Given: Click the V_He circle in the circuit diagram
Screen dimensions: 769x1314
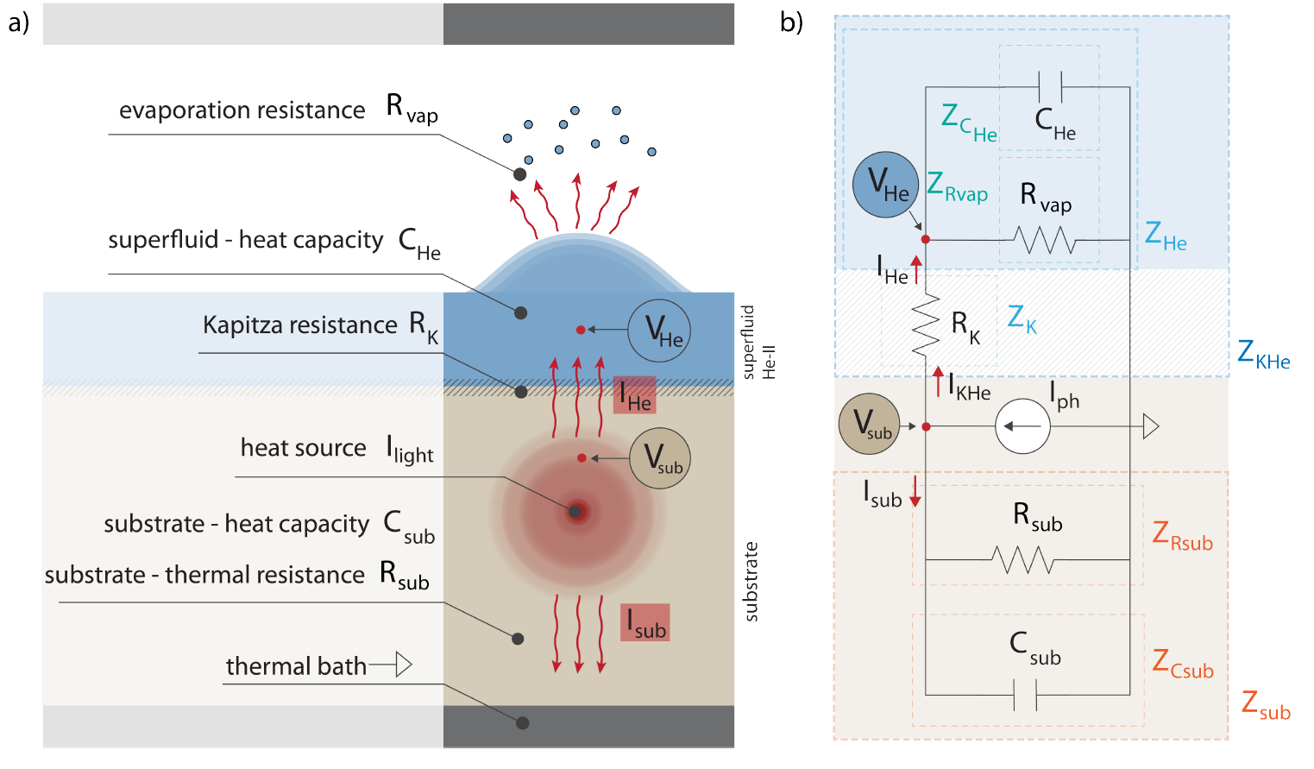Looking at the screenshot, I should click(886, 185).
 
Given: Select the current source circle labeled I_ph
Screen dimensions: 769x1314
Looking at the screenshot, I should click(1022, 426).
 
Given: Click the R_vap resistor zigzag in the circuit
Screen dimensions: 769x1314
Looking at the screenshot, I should click(1045, 240).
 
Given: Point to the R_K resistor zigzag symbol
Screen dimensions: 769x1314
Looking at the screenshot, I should click(926, 325).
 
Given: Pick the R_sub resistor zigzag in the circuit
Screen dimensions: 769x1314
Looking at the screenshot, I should click(1023, 560).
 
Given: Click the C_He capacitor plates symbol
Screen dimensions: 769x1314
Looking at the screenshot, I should click(1050, 87).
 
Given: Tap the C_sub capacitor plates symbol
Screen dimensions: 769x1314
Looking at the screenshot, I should click(1025, 694).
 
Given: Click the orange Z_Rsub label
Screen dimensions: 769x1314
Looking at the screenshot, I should click(1182, 536).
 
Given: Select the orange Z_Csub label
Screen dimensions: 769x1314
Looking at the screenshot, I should click(1183, 664).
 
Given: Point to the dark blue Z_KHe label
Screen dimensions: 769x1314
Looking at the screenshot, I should click(1263, 355).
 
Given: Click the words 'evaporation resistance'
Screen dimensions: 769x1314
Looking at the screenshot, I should click(242, 110).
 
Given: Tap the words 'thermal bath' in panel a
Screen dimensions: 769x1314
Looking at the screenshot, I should click(296, 666).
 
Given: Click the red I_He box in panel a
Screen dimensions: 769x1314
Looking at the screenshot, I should click(635, 395).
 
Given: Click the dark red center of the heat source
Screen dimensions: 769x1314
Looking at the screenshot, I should click(575, 512).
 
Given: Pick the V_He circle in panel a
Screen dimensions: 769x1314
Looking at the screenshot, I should click(659, 331).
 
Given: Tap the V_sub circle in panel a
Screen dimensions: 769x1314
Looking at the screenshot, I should click(660, 458).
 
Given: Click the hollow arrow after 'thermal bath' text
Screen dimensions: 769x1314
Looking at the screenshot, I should click(402, 665).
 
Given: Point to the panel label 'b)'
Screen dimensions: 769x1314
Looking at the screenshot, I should click(791, 22).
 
